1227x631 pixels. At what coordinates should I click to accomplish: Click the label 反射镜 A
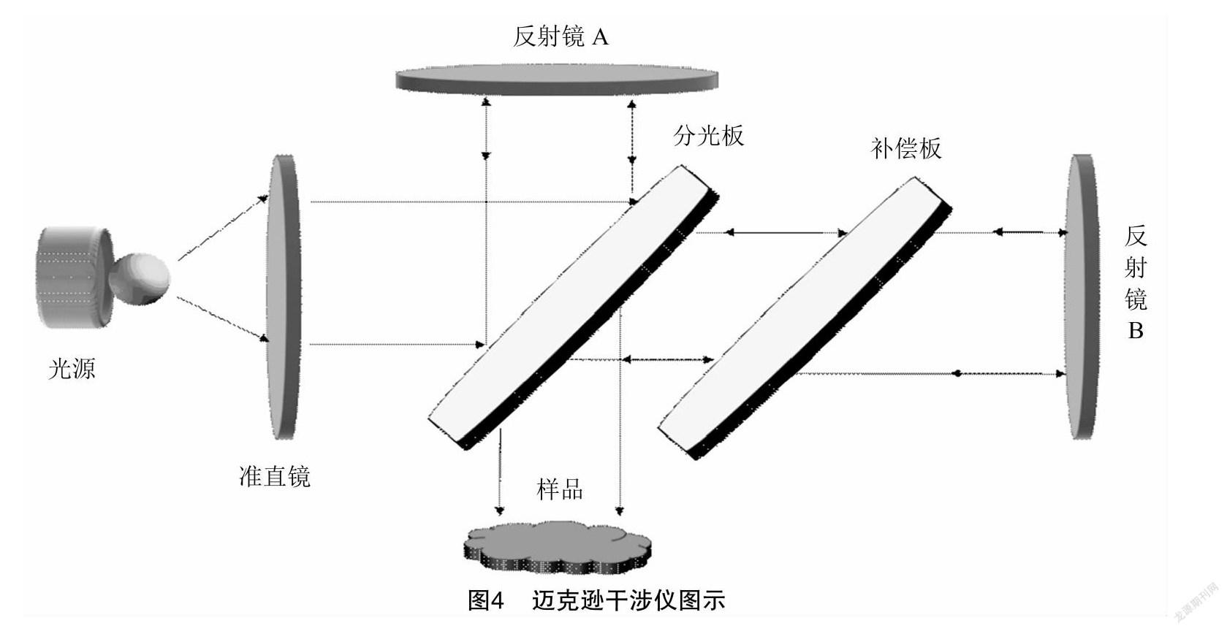tap(561, 37)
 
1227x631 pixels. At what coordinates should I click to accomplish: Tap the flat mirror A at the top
tap(557, 79)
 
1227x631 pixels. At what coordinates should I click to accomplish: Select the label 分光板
tap(708, 136)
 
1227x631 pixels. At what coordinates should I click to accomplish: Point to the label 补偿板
tap(906, 148)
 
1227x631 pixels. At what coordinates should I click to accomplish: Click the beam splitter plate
tap(570, 307)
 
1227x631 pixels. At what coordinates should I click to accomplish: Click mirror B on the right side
tap(1082, 296)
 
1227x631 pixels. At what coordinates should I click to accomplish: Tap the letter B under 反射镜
tap(1135, 331)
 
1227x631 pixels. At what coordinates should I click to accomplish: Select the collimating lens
tap(284, 296)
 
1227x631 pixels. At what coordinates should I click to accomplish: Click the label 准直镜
tap(275, 476)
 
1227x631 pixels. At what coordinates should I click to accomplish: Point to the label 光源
tap(72, 369)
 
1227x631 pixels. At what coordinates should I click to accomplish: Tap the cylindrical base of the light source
tap(73, 278)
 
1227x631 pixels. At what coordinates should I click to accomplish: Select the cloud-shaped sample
tap(557, 548)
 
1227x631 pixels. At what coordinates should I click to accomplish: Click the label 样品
tap(560, 489)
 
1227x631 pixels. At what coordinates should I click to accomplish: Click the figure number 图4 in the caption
tap(486, 600)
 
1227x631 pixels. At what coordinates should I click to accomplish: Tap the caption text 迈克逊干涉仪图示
tap(628, 600)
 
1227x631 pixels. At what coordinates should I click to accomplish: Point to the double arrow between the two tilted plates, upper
tap(785, 233)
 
